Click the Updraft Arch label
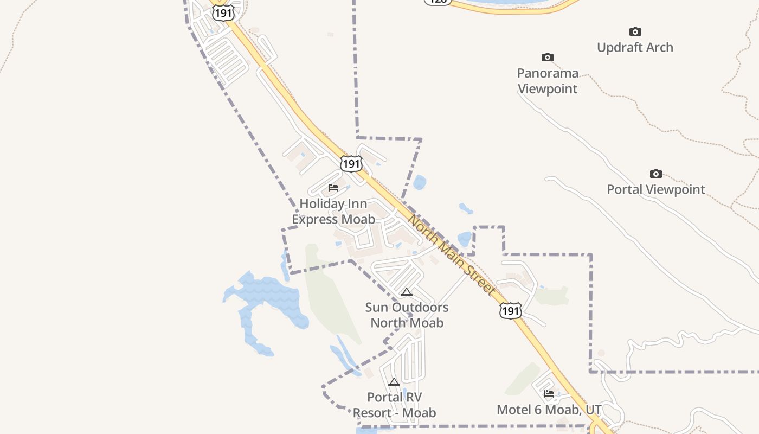point(635,48)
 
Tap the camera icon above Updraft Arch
point(635,32)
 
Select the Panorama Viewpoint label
point(548,81)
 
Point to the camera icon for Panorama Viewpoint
point(548,58)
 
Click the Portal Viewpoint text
point(656,189)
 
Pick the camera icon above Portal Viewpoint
point(656,174)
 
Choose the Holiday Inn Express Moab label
point(333,212)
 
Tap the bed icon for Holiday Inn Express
point(333,188)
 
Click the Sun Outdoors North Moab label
point(407,315)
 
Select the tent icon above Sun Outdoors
point(407,292)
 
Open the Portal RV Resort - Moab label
point(394,405)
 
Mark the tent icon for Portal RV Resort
point(394,382)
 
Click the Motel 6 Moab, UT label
point(549,410)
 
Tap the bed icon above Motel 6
point(549,394)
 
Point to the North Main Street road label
point(451,255)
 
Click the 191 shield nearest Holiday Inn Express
point(351,163)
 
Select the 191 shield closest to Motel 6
point(510,310)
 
